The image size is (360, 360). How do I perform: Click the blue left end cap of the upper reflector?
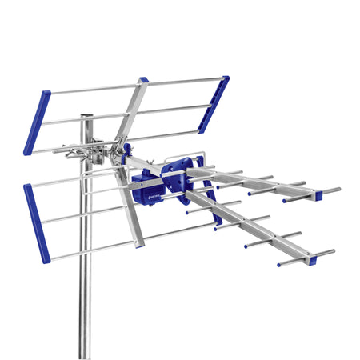click(x=37, y=122)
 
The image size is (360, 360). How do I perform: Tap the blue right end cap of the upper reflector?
click(x=214, y=104)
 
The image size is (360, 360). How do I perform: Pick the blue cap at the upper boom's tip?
click(x=318, y=194)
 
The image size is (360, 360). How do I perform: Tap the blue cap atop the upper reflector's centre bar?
click(x=143, y=80)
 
